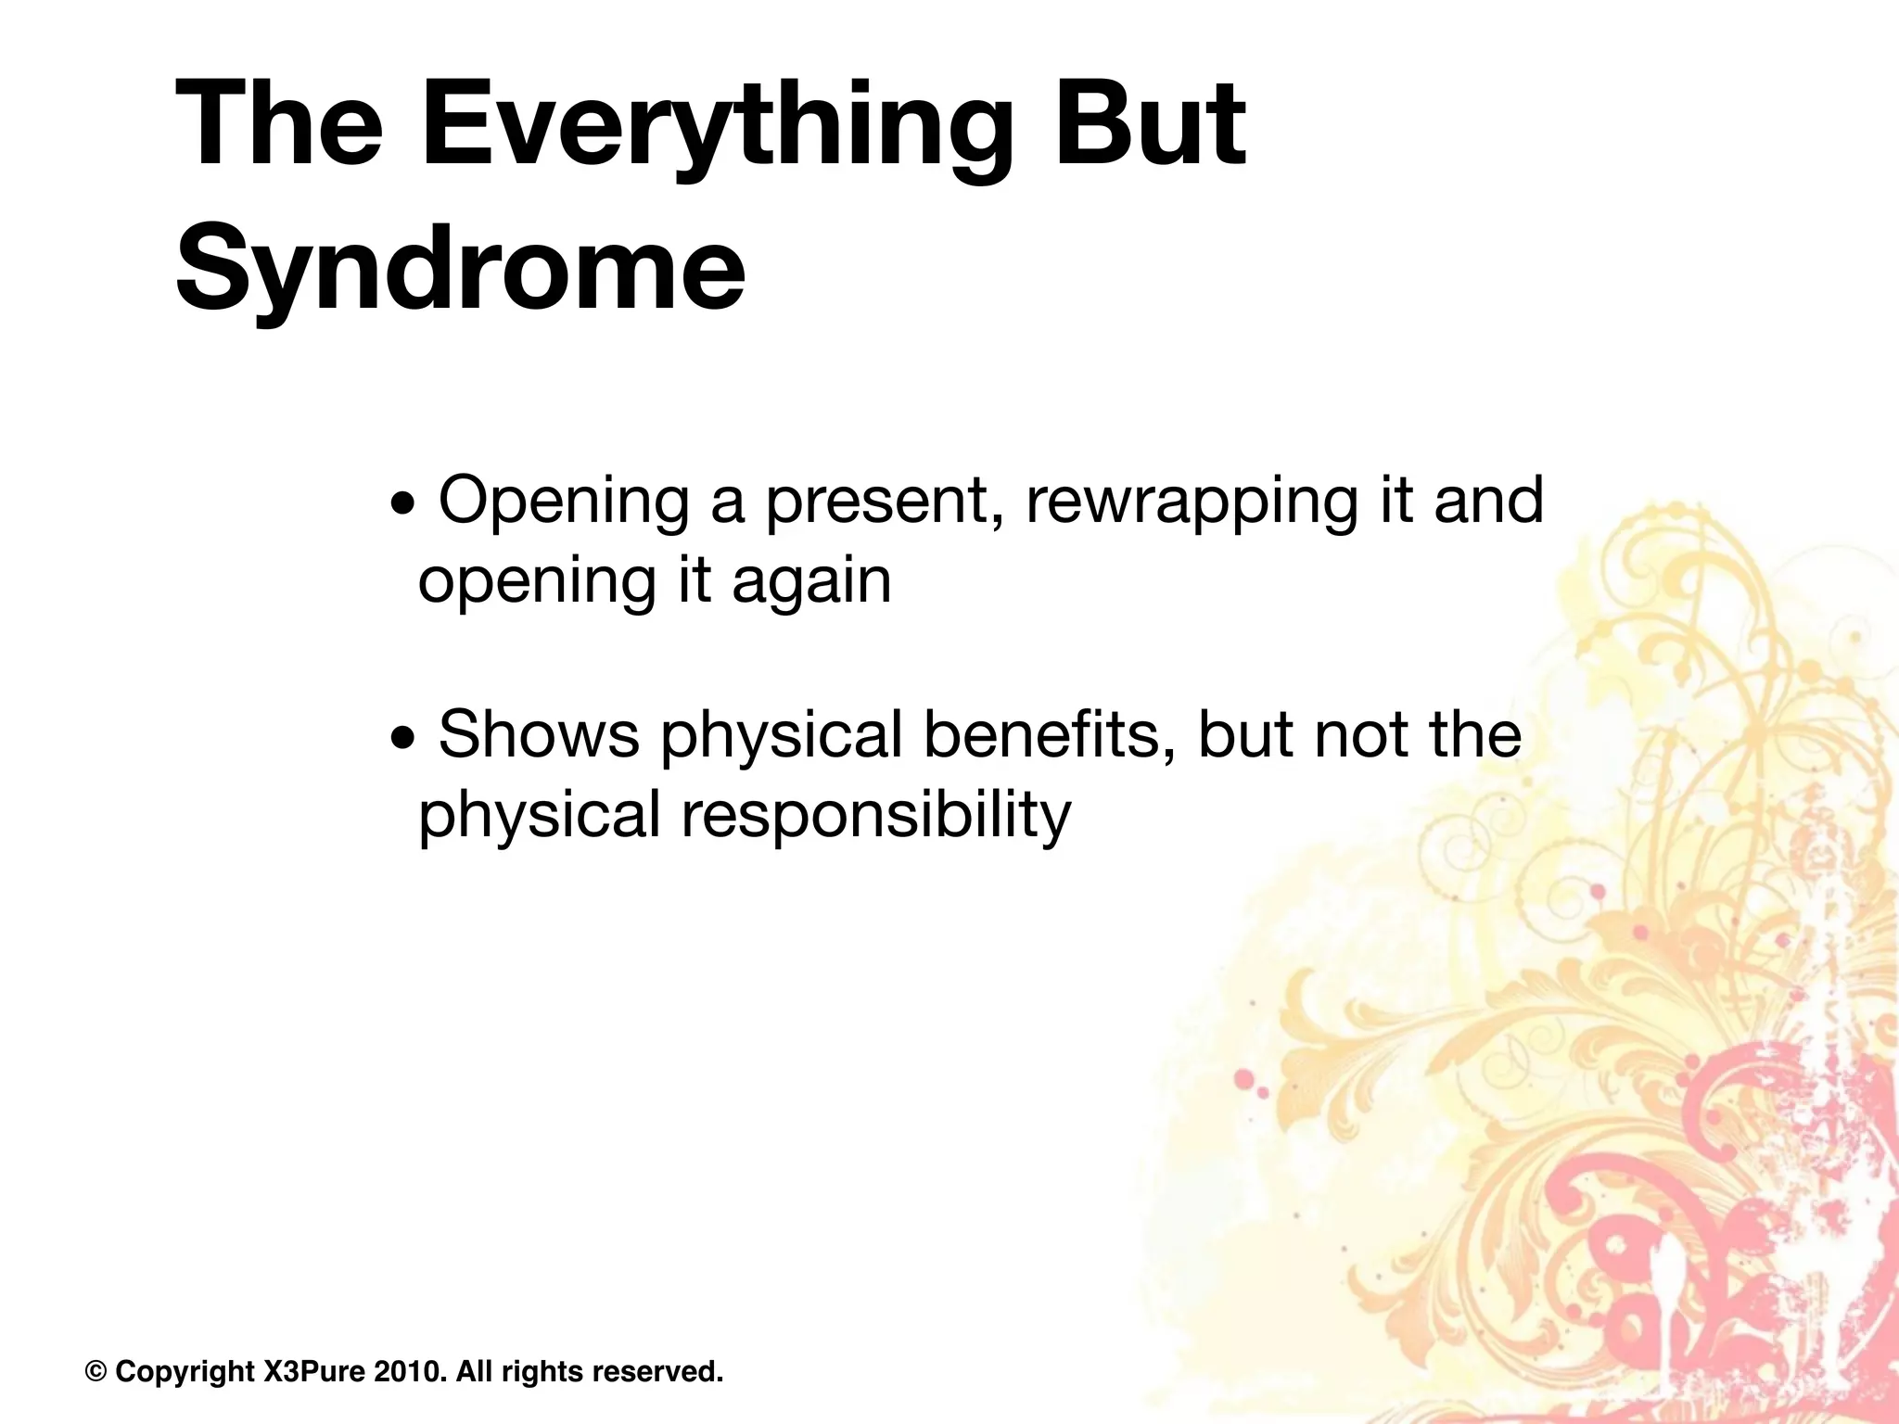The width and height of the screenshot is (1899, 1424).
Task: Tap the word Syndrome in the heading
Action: [460, 268]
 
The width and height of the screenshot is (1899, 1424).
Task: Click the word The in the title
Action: [279, 125]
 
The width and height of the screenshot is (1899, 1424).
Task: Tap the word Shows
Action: [538, 734]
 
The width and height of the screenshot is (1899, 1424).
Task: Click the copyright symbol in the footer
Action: [96, 1371]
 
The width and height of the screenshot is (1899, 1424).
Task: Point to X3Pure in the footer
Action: [314, 1371]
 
